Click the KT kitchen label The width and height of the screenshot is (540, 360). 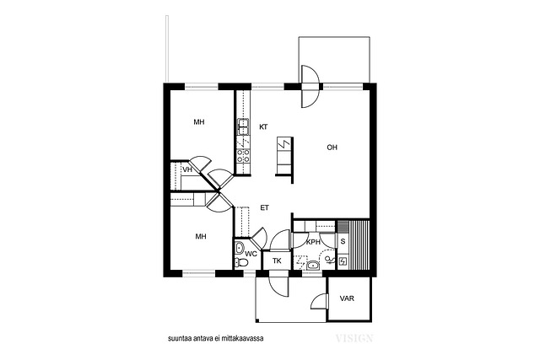coord(263,127)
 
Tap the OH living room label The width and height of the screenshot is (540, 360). coord(332,148)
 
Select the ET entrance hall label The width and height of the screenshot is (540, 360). coord(264,208)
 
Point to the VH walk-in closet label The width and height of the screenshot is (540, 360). coord(187,169)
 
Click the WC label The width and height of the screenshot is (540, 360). coord(251,254)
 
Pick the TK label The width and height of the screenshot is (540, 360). coord(277,261)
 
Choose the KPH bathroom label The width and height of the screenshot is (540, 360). coord(313,242)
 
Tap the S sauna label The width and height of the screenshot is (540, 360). coord(343,242)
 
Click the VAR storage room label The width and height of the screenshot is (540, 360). coord(347,298)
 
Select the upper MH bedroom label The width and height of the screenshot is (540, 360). coord(199,122)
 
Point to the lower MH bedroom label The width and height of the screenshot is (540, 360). coord(201,236)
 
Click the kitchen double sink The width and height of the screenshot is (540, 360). coord(243,126)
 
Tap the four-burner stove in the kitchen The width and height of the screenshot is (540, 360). coord(243,156)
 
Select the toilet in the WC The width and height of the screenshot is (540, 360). coord(242,262)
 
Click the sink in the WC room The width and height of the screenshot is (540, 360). coord(240,248)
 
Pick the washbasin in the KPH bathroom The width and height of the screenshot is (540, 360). coord(313,265)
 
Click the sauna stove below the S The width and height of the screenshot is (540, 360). coord(343,261)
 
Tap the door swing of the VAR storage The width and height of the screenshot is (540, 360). coord(319,301)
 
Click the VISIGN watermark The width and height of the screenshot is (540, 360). coord(354,338)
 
